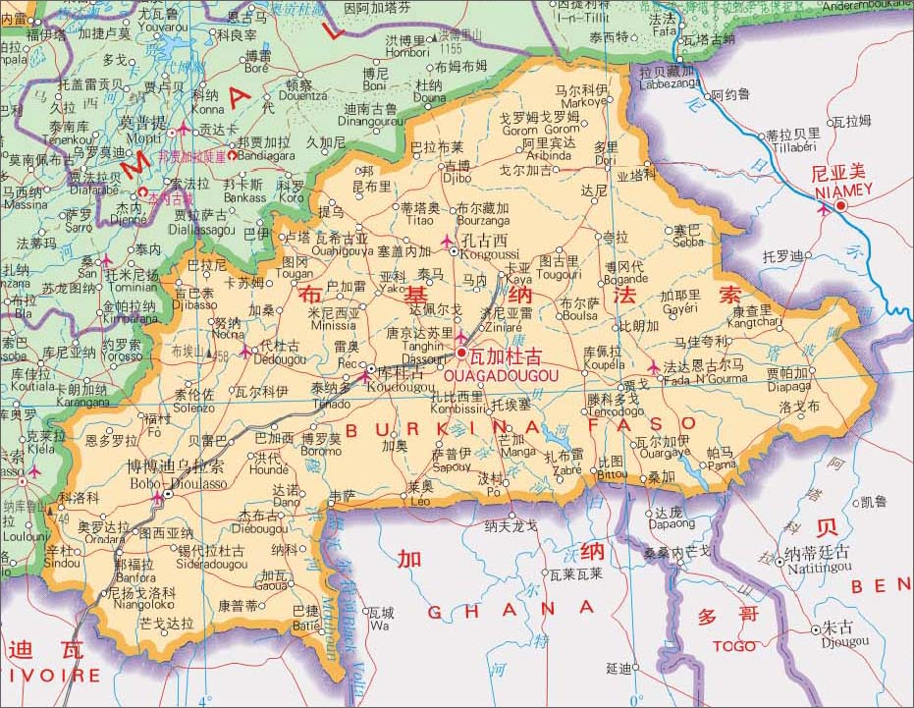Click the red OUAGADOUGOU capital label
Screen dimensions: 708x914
(x=501, y=375)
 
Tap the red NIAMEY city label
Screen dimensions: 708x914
(x=840, y=189)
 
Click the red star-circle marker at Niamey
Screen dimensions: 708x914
(x=841, y=204)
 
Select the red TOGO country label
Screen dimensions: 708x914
(x=733, y=646)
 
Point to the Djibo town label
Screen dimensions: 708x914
(x=457, y=179)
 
